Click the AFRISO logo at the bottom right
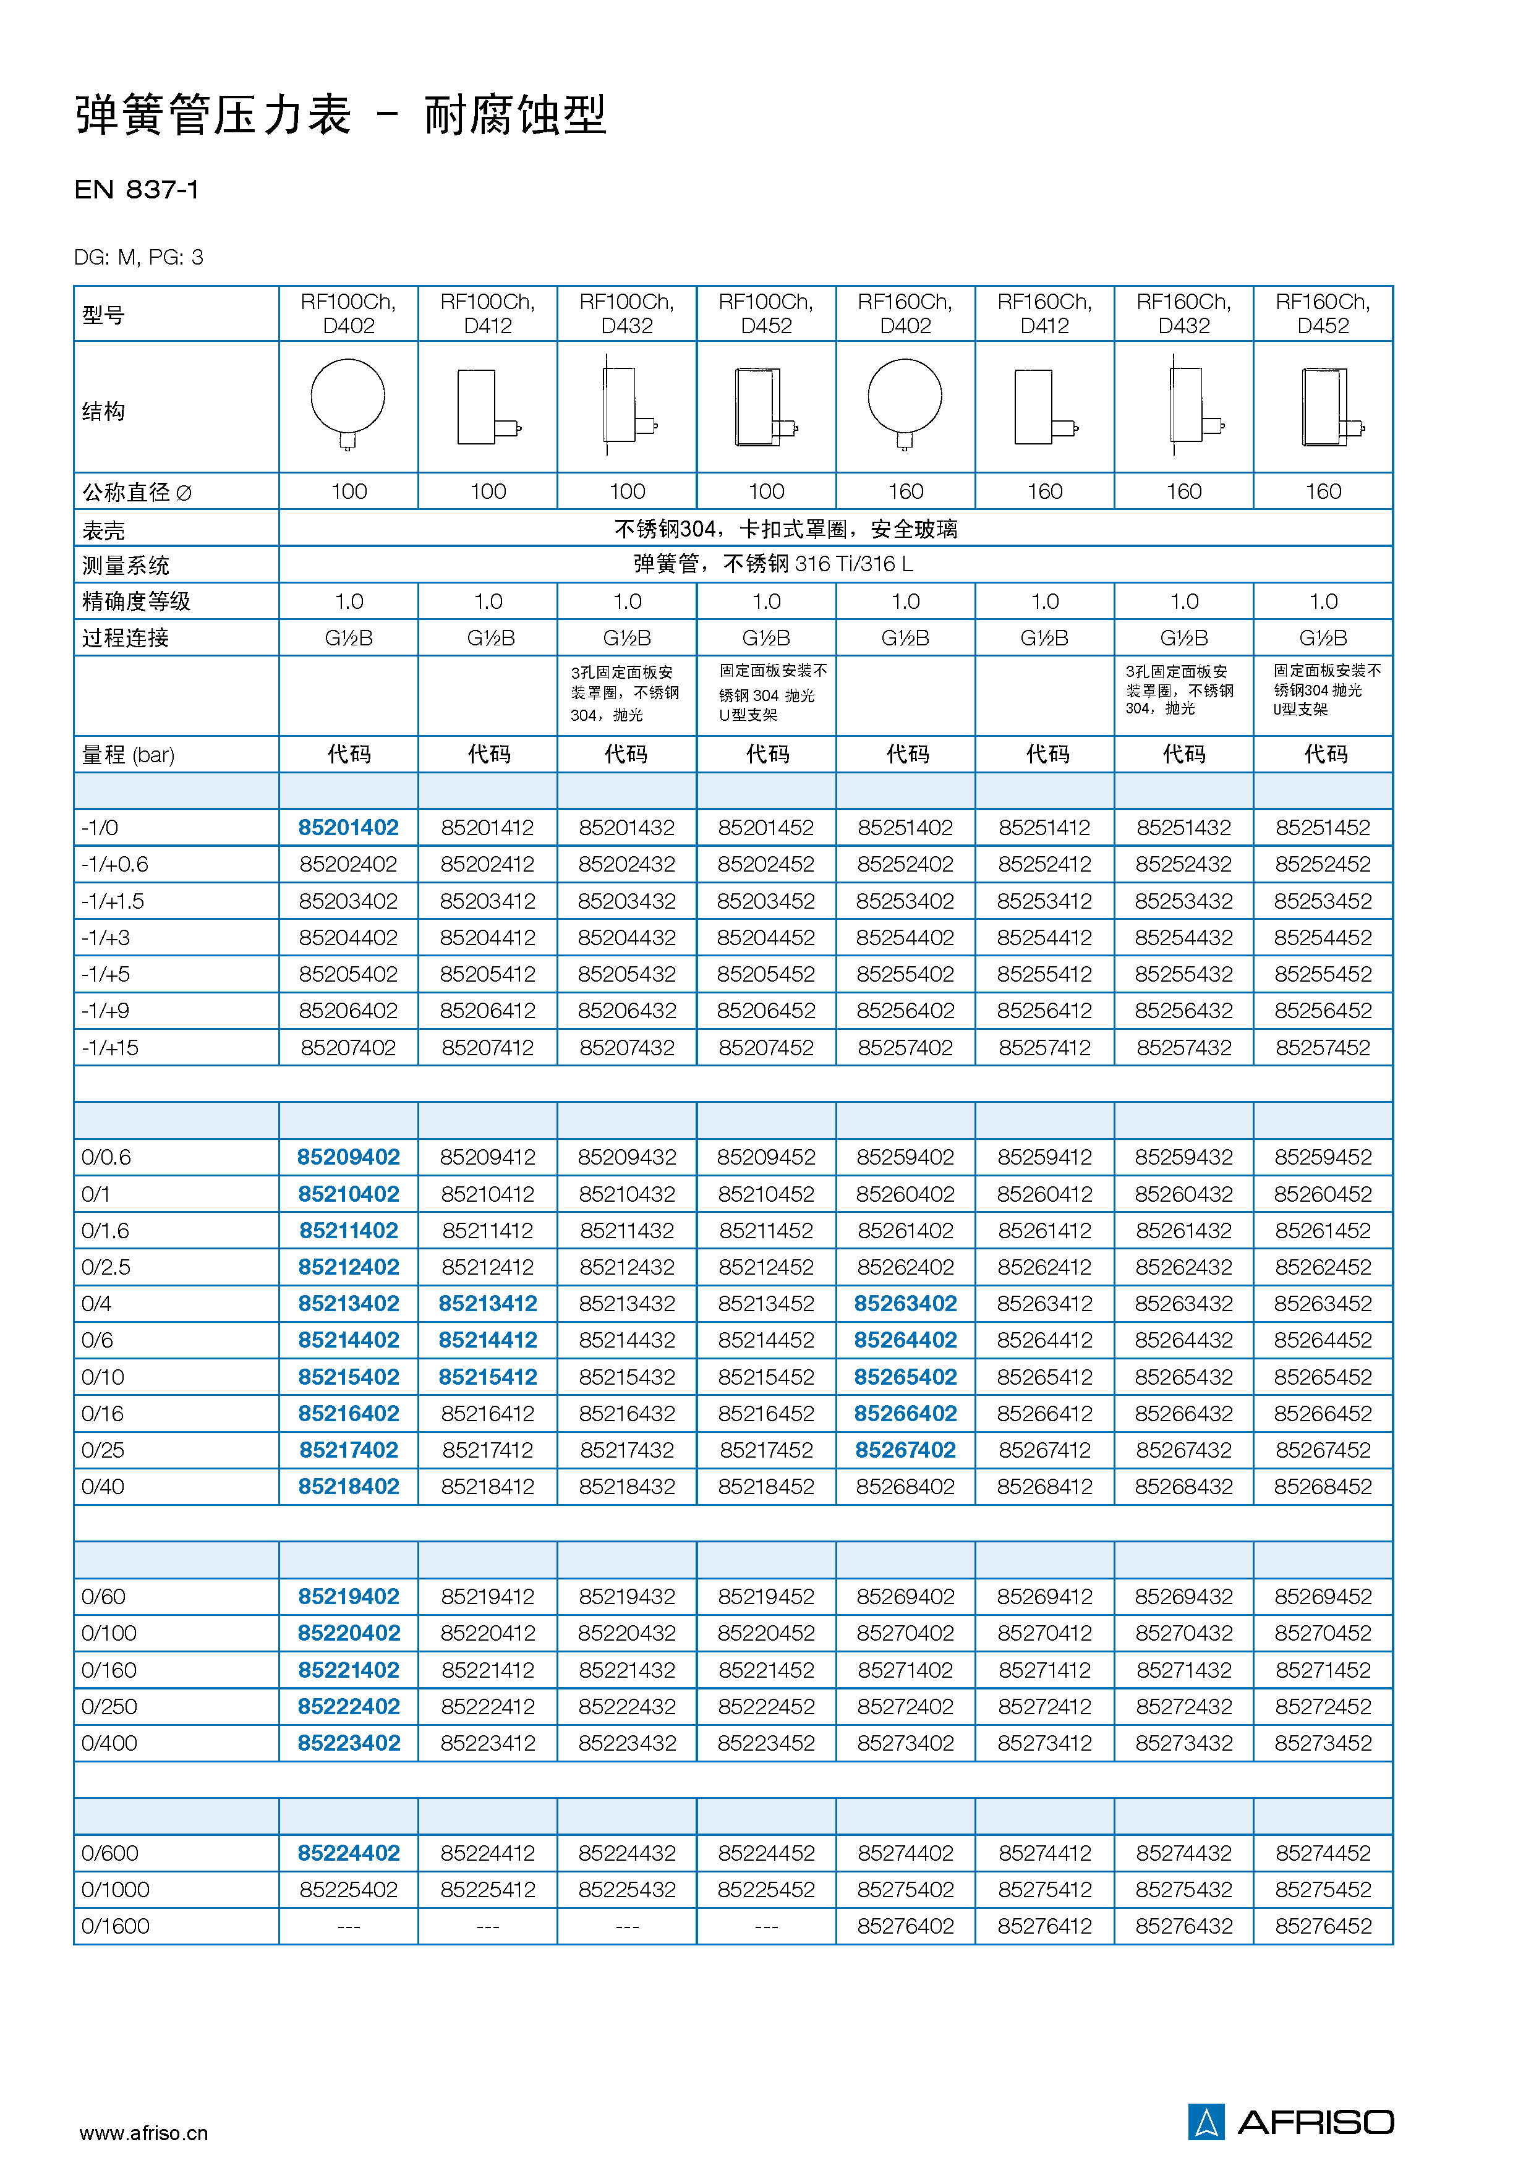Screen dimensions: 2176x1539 [x=1290, y=2121]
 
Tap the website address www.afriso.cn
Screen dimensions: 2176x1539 [x=143, y=2132]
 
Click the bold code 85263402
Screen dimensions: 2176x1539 [x=905, y=1303]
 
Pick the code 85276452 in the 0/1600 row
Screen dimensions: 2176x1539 [x=1323, y=1926]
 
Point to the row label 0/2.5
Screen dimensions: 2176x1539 [x=106, y=1267]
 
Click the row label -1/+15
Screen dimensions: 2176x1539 [x=110, y=1047]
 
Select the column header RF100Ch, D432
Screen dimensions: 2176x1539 [x=626, y=313]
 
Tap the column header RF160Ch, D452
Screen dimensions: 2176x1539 [x=1323, y=313]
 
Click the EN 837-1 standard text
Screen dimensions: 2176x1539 [x=137, y=190]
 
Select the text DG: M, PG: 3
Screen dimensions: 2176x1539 [x=139, y=257]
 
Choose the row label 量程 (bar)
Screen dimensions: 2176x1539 [x=128, y=754]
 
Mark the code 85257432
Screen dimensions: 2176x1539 [x=1183, y=1047]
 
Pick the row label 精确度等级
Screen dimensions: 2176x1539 [x=137, y=601]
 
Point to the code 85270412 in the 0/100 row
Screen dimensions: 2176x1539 [x=1044, y=1633]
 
